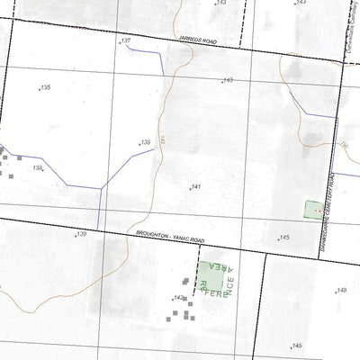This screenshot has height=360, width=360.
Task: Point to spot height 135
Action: point(44,87)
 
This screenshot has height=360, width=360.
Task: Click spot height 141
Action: point(194,187)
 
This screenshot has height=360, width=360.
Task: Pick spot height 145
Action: point(283,238)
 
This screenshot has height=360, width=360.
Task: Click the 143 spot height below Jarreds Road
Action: point(227,81)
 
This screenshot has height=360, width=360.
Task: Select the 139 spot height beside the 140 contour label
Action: point(143,143)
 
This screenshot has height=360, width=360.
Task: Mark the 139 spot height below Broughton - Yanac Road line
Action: point(80,234)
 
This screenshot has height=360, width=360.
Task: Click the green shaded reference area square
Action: point(211,271)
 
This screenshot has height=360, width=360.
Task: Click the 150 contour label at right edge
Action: point(343,145)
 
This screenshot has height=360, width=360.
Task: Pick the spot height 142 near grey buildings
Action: point(179,298)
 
